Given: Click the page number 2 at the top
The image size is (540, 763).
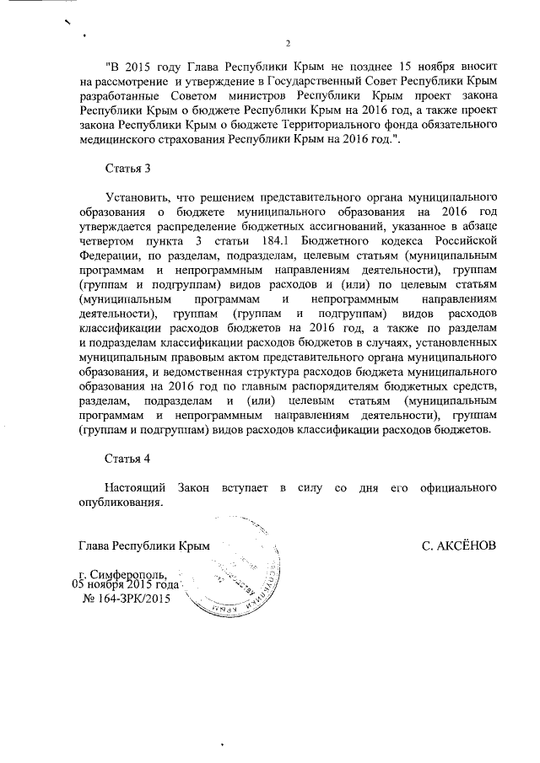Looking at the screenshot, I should [x=288, y=44].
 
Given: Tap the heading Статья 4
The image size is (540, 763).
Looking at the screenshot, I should [x=127, y=459].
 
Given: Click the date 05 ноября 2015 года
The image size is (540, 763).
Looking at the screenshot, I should [x=127, y=585].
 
